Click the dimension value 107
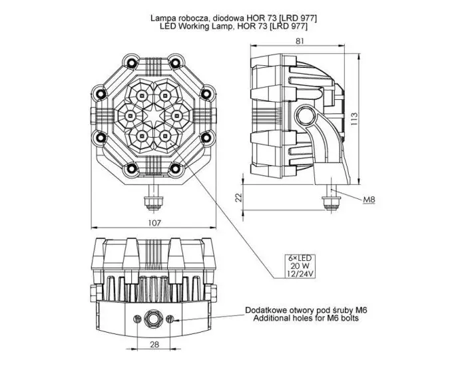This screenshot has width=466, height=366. [154, 223]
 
